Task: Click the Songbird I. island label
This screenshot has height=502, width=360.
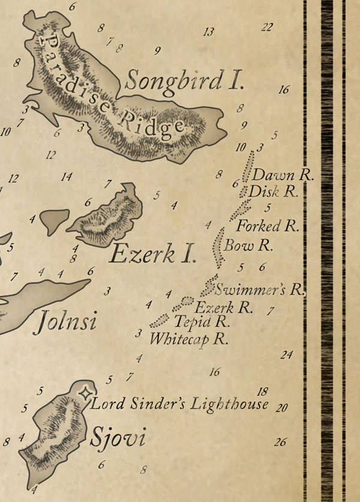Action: click(185, 80)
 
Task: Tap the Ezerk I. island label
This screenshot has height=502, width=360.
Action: click(152, 255)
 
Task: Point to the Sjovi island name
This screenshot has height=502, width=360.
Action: click(118, 438)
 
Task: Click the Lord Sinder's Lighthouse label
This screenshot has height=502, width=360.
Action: click(179, 404)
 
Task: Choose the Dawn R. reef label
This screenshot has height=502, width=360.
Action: click(283, 175)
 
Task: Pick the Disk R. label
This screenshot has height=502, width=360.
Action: click(273, 192)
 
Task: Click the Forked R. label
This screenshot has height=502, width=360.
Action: click(268, 226)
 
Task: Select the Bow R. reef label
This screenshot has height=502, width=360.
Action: click(248, 245)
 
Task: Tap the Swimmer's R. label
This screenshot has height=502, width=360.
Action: click(259, 289)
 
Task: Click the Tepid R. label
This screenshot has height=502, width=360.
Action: click(202, 322)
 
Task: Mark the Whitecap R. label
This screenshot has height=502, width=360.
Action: click(190, 339)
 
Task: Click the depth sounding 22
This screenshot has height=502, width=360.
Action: click(267, 27)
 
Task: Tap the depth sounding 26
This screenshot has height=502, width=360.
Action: click(280, 443)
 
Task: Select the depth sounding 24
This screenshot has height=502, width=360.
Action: click(286, 355)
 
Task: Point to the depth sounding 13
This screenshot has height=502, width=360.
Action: click(208, 32)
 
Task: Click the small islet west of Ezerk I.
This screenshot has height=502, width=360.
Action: click(55, 220)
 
